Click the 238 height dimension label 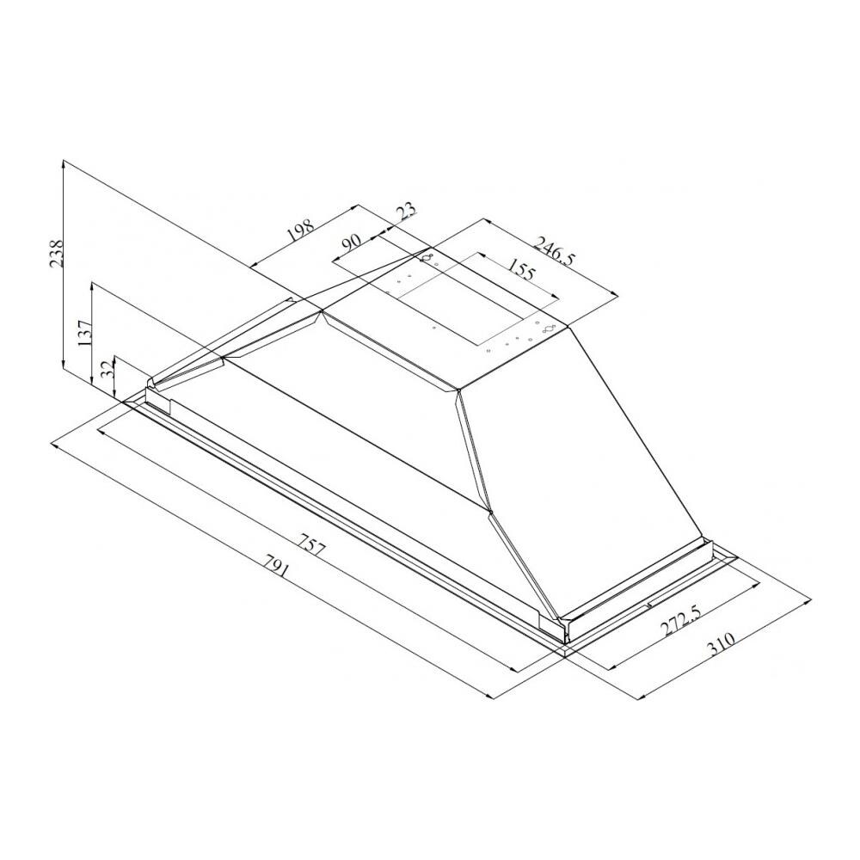[x=57, y=253]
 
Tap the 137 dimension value [x=85, y=333]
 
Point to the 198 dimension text [x=300, y=231]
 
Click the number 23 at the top [x=407, y=212]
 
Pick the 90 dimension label [x=351, y=243]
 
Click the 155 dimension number [x=520, y=268]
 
